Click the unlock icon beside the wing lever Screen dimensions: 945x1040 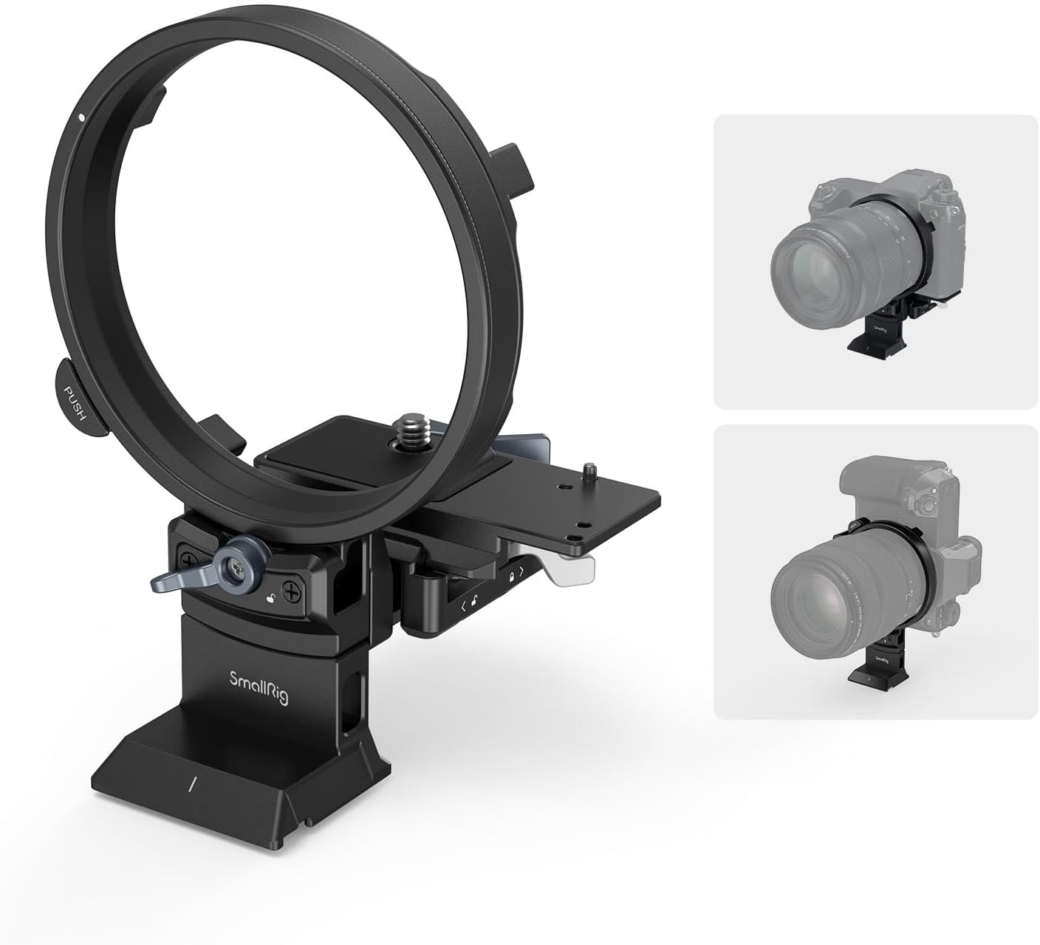[x=273, y=599]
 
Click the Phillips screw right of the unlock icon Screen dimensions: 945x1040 [x=293, y=591]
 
